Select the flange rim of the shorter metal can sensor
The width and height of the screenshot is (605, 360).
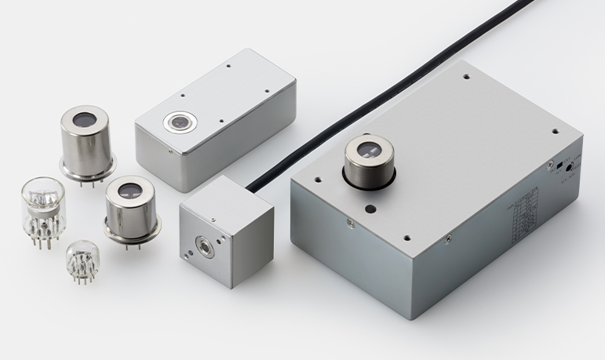pos(132,228)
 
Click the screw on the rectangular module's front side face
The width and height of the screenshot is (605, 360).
pos(171,149)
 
